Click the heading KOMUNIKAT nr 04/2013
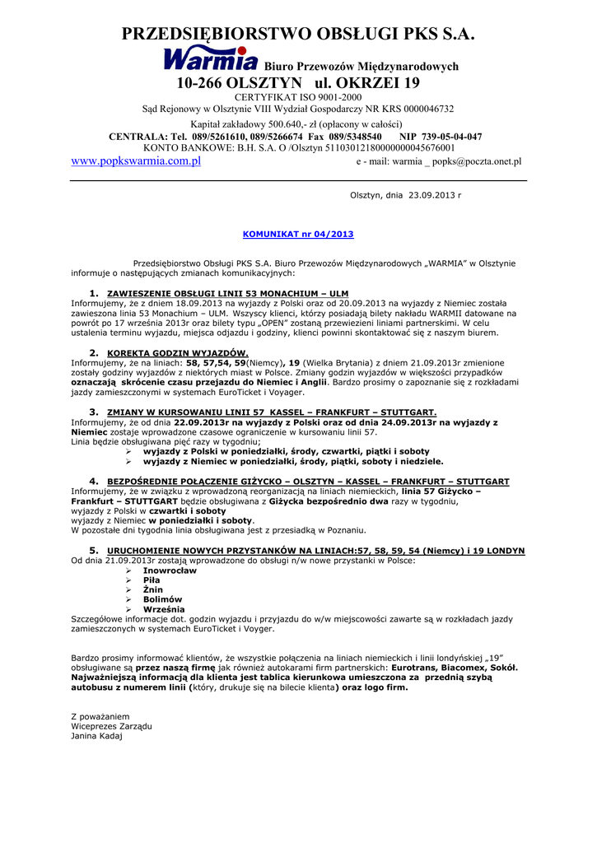click(298, 235)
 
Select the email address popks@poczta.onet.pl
click(477, 162)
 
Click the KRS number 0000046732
click(421, 109)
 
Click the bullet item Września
click(164, 609)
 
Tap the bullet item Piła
click(152, 580)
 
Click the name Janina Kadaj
click(96, 736)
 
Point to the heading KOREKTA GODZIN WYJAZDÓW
click(178, 352)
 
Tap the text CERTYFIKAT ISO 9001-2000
click(298, 97)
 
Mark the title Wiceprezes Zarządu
click(112, 726)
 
